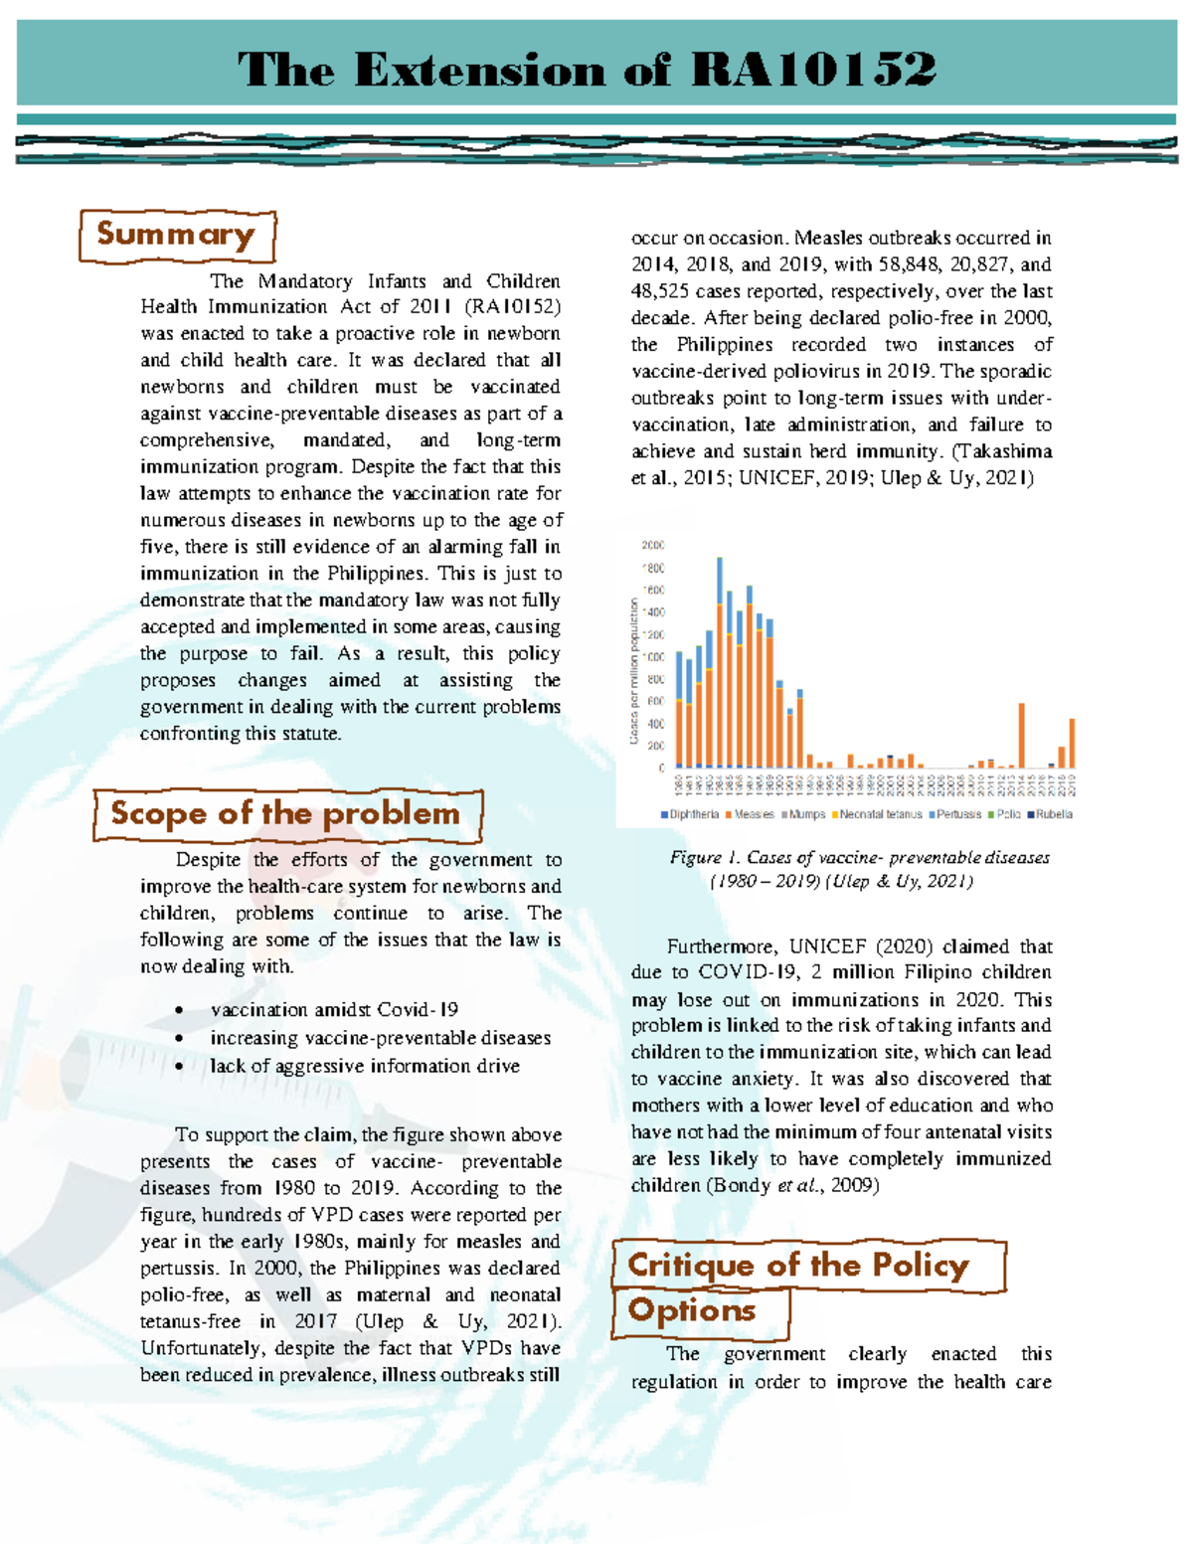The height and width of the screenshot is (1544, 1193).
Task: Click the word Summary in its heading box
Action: point(176,235)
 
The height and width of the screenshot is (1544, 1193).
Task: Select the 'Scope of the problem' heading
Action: point(285,813)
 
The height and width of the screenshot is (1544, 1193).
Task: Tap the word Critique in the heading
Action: point(691,1265)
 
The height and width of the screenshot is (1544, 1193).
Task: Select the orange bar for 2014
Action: point(1022,736)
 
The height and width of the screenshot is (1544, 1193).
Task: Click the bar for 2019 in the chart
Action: point(1072,744)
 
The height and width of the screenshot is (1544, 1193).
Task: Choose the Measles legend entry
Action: point(753,814)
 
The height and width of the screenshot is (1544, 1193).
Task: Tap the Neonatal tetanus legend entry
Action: point(880,814)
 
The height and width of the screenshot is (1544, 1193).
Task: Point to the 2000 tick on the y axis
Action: point(652,545)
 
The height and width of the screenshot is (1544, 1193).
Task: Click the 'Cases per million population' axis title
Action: point(633,671)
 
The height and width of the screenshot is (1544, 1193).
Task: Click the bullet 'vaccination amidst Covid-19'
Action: point(334,1010)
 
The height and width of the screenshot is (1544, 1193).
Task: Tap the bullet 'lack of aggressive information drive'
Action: point(365,1066)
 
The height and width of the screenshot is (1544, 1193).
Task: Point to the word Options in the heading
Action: point(692,1310)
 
